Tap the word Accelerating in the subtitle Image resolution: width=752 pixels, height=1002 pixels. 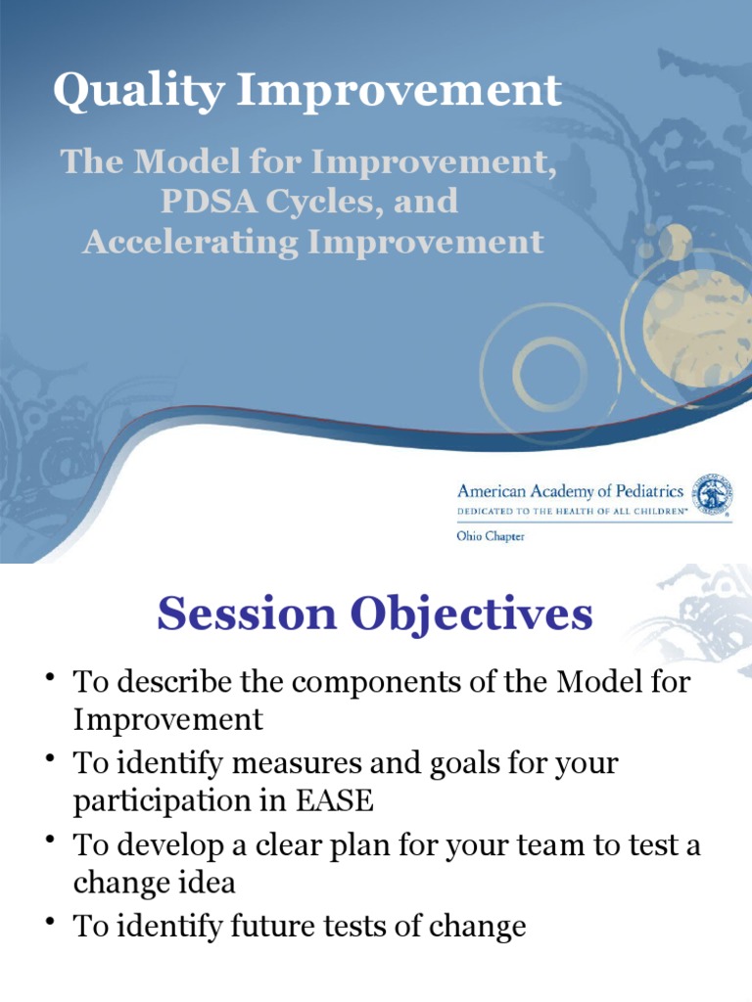pyautogui.click(x=190, y=241)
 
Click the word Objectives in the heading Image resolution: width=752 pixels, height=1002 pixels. pyautogui.click(x=464, y=615)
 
